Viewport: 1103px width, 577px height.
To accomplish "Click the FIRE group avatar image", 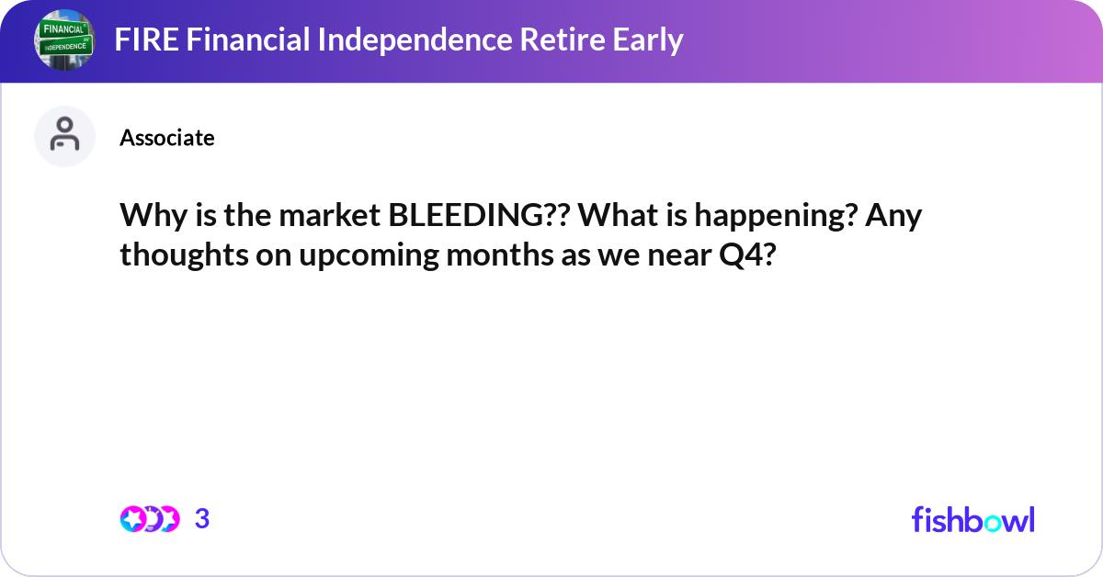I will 64,40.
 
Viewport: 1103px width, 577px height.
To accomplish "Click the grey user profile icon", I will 64,136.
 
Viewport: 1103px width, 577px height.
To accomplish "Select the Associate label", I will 166,138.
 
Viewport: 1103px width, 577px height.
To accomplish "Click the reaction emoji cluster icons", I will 149,519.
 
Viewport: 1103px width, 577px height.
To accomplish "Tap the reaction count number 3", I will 202,519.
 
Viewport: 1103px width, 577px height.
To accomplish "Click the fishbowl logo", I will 972,519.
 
